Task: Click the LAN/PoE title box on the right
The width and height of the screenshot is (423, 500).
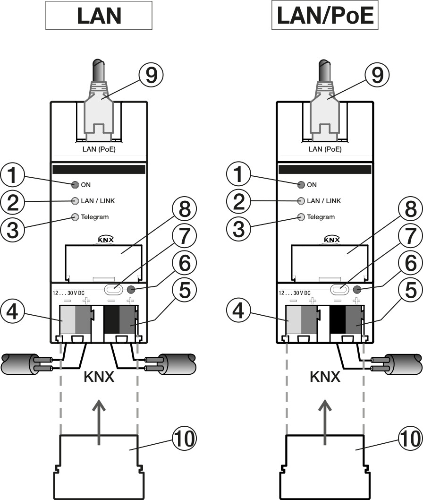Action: [325, 16]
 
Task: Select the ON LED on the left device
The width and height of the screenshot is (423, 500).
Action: [75, 185]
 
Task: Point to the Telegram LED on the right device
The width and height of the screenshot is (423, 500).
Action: [301, 217]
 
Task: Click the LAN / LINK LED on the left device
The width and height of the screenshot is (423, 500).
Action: [75, 201]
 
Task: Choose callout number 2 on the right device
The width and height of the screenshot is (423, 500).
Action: [239, 202]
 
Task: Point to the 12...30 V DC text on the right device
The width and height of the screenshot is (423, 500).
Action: [294, 293]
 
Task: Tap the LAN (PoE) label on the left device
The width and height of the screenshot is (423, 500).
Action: [98, 149]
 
